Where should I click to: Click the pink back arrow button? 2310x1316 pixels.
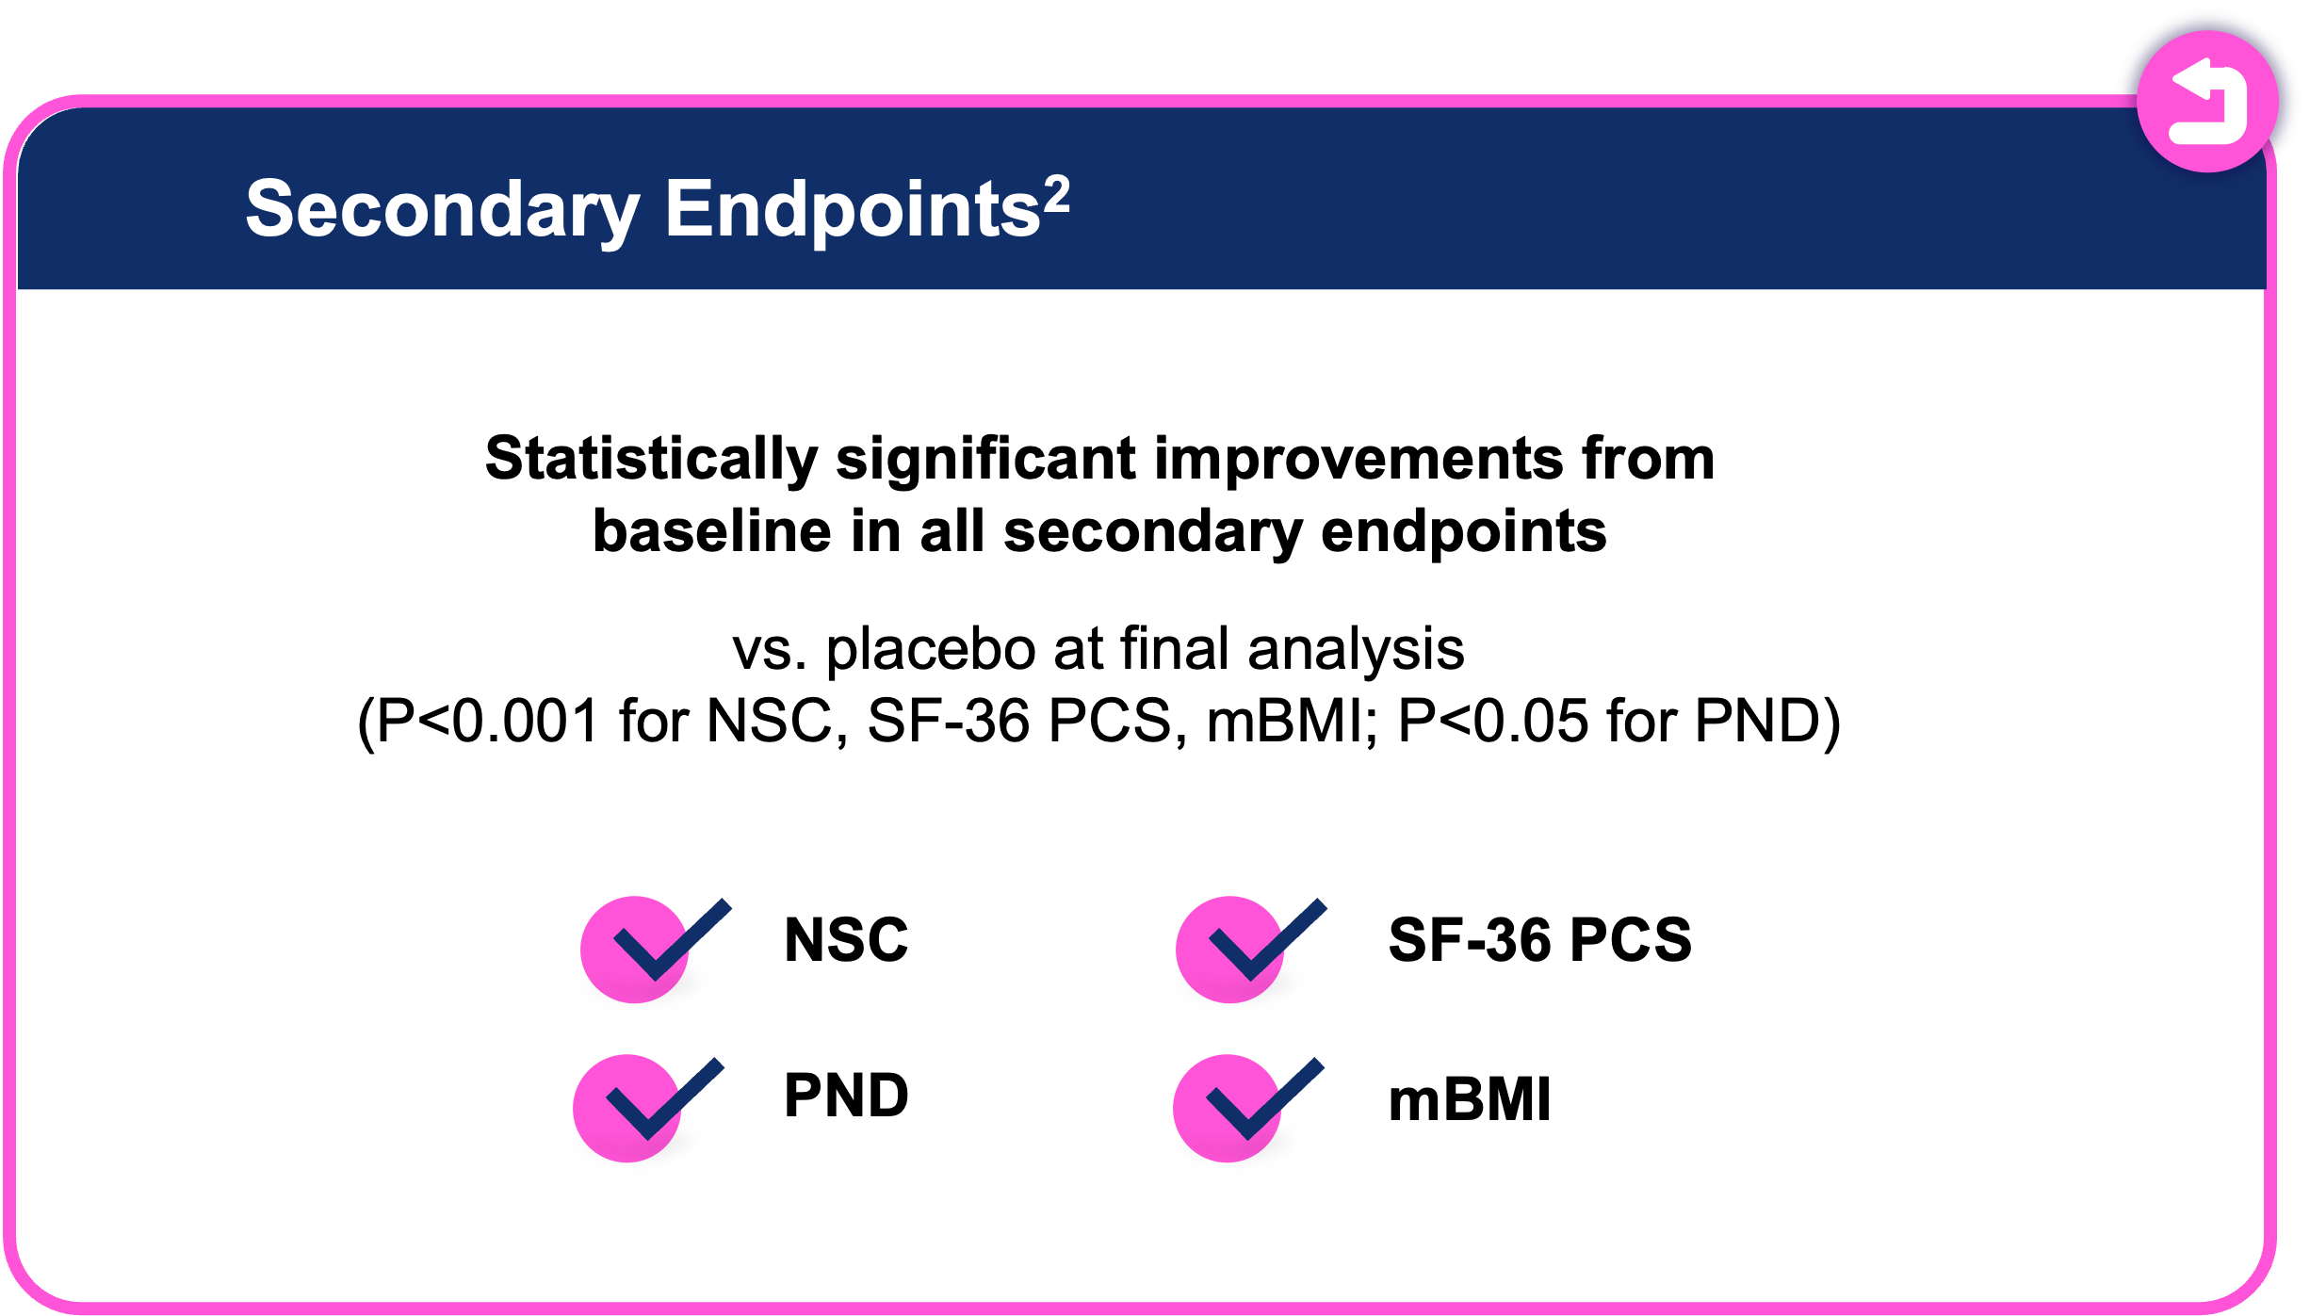coord(2206,102)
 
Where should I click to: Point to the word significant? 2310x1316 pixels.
coord(985,459)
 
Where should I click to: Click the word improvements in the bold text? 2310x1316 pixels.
coord(1358,461)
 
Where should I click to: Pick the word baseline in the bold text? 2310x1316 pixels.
coord(712,531)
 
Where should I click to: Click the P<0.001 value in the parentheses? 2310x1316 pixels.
coord(488,722)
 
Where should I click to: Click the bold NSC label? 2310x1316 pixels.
coord(846,940)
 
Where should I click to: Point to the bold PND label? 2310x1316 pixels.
coord(846,1096)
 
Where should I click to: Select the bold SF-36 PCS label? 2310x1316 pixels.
coord(1539,940)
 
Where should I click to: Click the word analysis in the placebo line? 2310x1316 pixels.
coord(1356,650)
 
